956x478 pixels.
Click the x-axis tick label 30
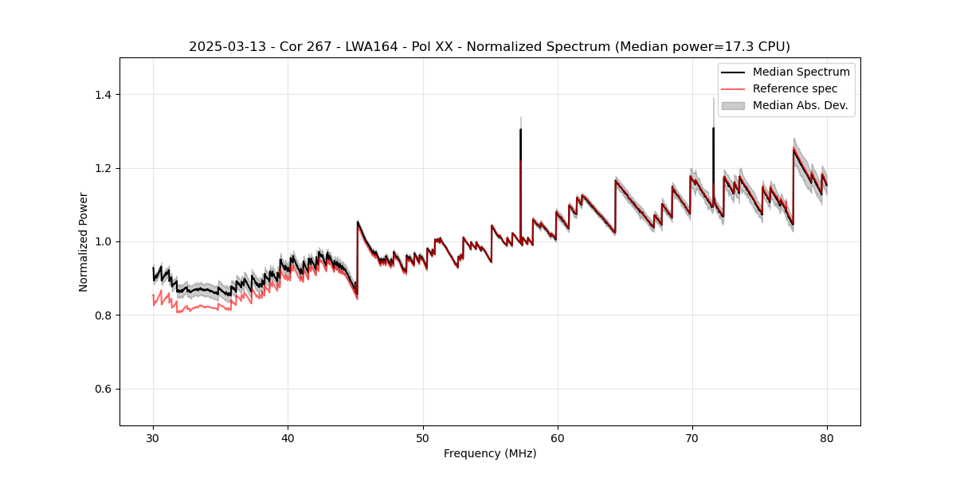(x=154, y=437)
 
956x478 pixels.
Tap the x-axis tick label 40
(x=288, y=437)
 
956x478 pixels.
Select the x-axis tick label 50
(x=423, y=437)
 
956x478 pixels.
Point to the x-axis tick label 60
(x=558, y=437)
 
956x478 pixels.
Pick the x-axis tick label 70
(x=692, y=437)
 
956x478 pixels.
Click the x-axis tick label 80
(x=827, y=437)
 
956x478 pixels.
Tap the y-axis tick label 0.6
(x=104, y=389)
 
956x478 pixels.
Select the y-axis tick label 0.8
(x=104, y=315)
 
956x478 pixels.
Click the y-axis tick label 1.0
(x=104, y=241)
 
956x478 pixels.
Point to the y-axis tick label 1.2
(x=104, y=168)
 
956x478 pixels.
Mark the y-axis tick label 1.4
(x=104, y=95)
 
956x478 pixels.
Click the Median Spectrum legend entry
(x=801, y=72)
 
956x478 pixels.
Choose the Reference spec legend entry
(x=795, y=88)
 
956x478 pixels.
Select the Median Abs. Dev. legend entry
(x=800, y=105)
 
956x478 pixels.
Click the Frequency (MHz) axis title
(x=490, y=453)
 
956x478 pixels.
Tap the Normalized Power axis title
(x=84, y=241)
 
